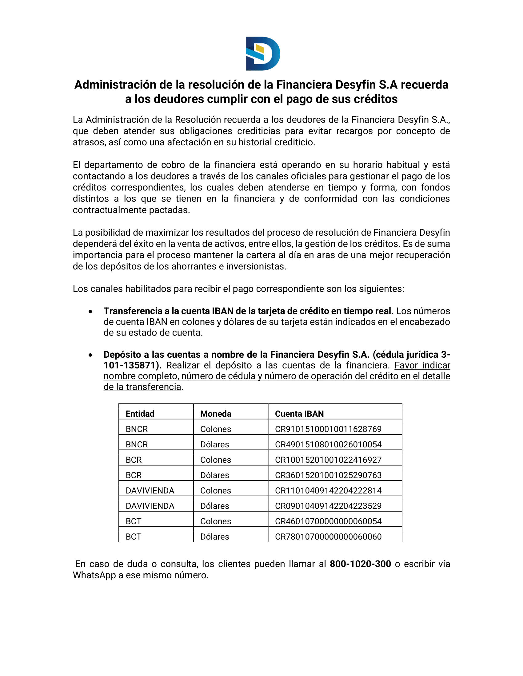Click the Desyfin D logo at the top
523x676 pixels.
click(263, 53)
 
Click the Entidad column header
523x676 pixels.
click(140, 414)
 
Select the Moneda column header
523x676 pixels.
click(216, 414)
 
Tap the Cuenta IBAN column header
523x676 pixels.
click(299, 414)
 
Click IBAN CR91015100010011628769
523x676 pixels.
click(328, 429)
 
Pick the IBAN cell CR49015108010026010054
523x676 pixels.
click(328, 445)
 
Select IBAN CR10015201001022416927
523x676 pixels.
click(328, 460)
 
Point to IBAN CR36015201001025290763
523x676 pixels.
click(328, 475)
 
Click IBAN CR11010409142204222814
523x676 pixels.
click(328, 491)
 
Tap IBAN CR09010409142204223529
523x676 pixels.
click(328, 506)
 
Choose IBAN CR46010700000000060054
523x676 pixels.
click(328, 521)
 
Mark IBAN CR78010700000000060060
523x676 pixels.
click(328, 537)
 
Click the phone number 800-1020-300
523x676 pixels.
click(360, 564)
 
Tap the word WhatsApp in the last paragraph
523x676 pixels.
click(94, 576)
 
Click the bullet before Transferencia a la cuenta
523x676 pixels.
click(90, 312)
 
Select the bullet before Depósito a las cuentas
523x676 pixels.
click(90, 355)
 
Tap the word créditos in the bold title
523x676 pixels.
click(376, 99)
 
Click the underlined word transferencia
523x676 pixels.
click(154, 387)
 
